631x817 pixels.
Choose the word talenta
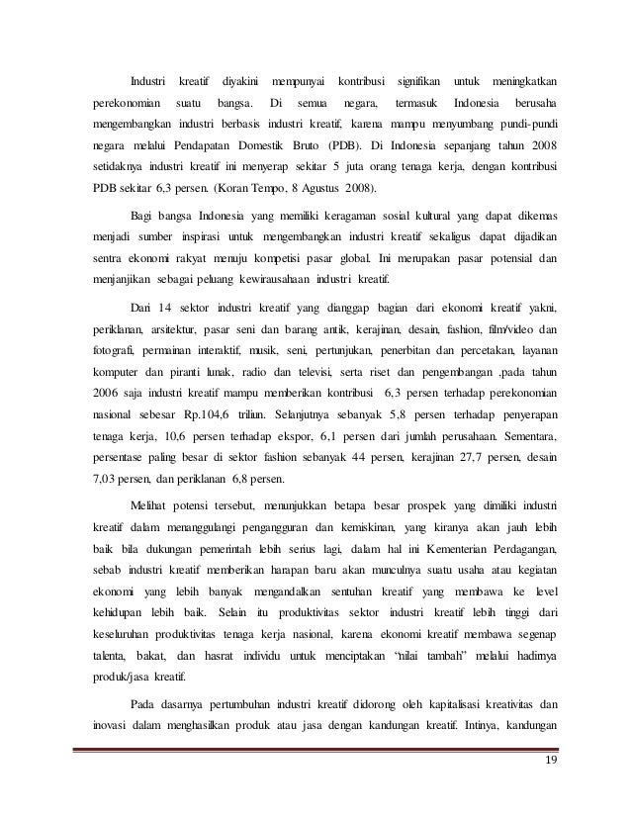click(x=96, y=658)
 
